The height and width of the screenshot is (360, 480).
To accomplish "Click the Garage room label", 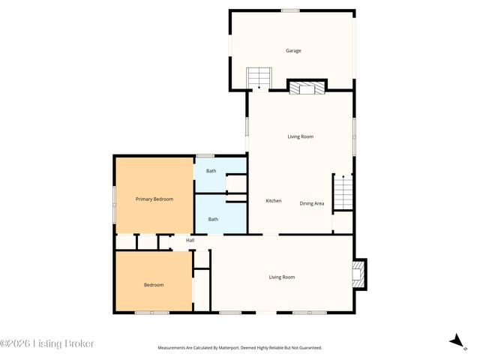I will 292,51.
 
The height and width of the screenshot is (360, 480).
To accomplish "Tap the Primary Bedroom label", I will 154,199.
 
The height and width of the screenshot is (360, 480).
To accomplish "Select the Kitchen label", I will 274,201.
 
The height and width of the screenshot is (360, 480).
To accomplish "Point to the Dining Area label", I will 312,203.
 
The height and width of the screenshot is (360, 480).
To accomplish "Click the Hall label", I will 190,240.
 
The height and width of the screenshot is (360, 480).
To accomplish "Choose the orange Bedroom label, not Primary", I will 154,284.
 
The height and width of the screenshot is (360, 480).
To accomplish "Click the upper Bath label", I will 211,171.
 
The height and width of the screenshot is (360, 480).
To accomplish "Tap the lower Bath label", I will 213,219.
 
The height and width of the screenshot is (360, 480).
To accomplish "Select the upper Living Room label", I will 300,136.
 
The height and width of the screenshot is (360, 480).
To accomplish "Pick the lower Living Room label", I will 282,277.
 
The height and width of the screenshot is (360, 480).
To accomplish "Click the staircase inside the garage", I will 259,77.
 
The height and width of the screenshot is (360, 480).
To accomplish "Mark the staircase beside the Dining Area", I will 343,192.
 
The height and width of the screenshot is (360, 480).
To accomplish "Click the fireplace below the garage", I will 307,88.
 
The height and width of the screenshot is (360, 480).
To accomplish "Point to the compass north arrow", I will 456,341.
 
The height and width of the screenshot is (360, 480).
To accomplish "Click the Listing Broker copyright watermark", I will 47,343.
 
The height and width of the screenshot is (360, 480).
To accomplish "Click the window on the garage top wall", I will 290,10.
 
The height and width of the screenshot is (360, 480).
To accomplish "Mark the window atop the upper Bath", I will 205,156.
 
